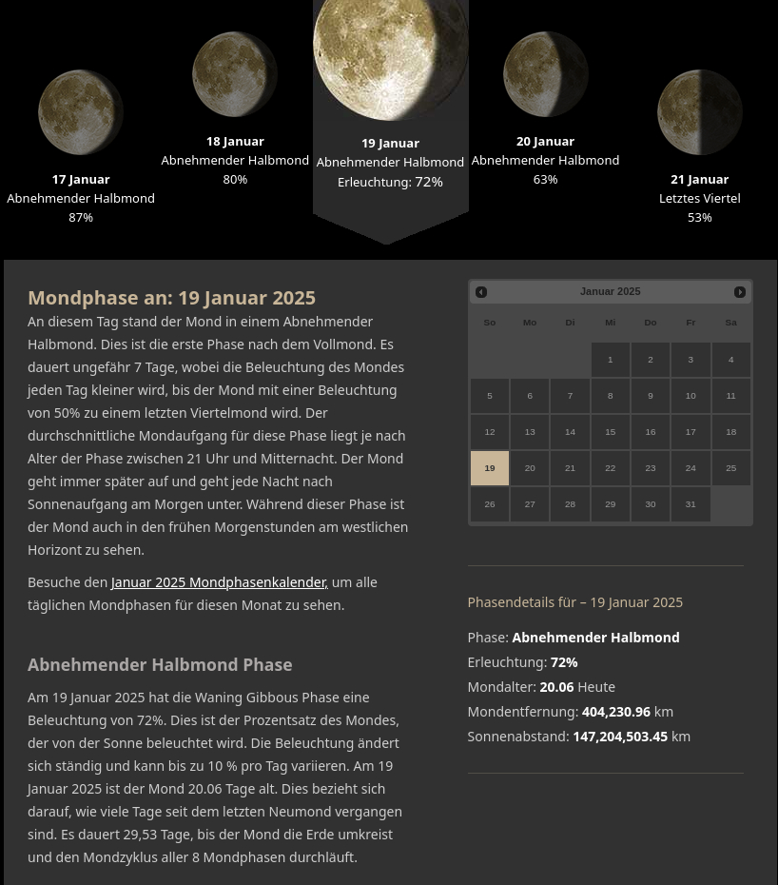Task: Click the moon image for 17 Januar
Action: [81, 112]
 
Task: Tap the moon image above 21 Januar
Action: [700, 112]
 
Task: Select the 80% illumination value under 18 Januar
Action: [235, 179]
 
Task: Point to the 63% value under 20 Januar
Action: [545, 179]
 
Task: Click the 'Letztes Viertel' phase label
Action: [699, 198]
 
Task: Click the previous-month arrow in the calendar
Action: [481, 292]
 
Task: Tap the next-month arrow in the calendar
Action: [740, 292]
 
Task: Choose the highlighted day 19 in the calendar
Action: [490, 468]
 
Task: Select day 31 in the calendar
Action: [690, 504]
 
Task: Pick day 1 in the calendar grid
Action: [611, 360]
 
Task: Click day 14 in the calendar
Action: [570, 432]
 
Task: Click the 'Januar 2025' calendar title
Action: [611, 291]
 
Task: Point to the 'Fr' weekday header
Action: [690, 323]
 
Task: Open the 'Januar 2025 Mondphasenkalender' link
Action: [220, 582]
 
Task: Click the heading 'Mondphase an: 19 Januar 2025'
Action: [171, 298]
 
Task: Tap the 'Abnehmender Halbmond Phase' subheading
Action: [160, 664]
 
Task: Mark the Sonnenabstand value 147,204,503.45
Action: [620, 737]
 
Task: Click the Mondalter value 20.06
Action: [556, 687]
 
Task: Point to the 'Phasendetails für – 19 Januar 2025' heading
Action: [574, 602]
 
